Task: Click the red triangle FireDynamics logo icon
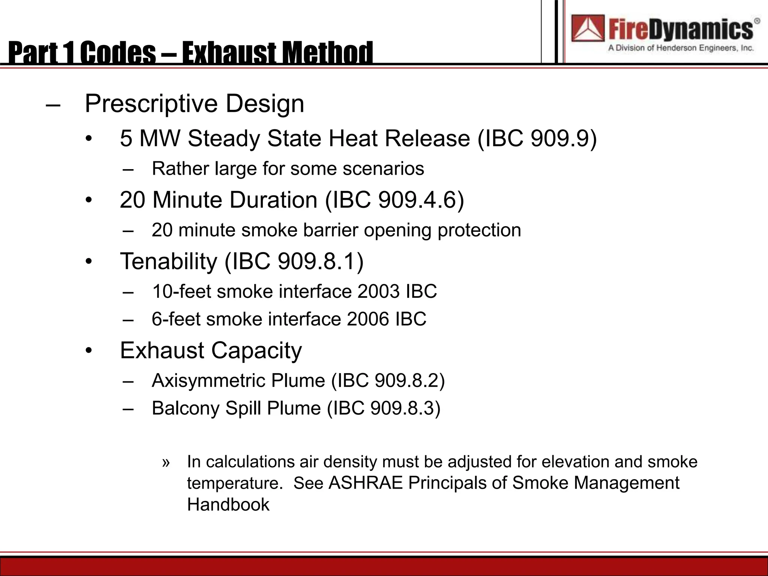pyautogui.click(x=588, y=28)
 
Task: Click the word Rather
pyautogui.click(x=180, y=168)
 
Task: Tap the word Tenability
pyautogui.click(x=168, y=261)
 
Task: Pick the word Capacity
pyautogui.click(x=256, y=350)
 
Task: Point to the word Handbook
pyautogui.click(x=228, y=505)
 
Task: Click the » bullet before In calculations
pyautogui.click(x=166, y=462)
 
